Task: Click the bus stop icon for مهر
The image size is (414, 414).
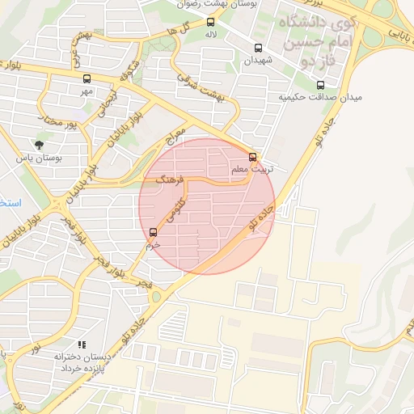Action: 87,78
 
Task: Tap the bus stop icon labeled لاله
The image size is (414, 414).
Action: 211,23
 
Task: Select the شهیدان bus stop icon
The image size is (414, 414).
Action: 259,48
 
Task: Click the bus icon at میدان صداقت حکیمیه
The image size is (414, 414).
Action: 321,85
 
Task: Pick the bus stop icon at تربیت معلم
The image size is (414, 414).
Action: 253,157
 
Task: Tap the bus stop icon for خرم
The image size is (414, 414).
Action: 154,233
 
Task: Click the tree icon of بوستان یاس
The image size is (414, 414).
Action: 40,146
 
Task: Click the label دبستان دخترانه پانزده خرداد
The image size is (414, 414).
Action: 81,362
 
